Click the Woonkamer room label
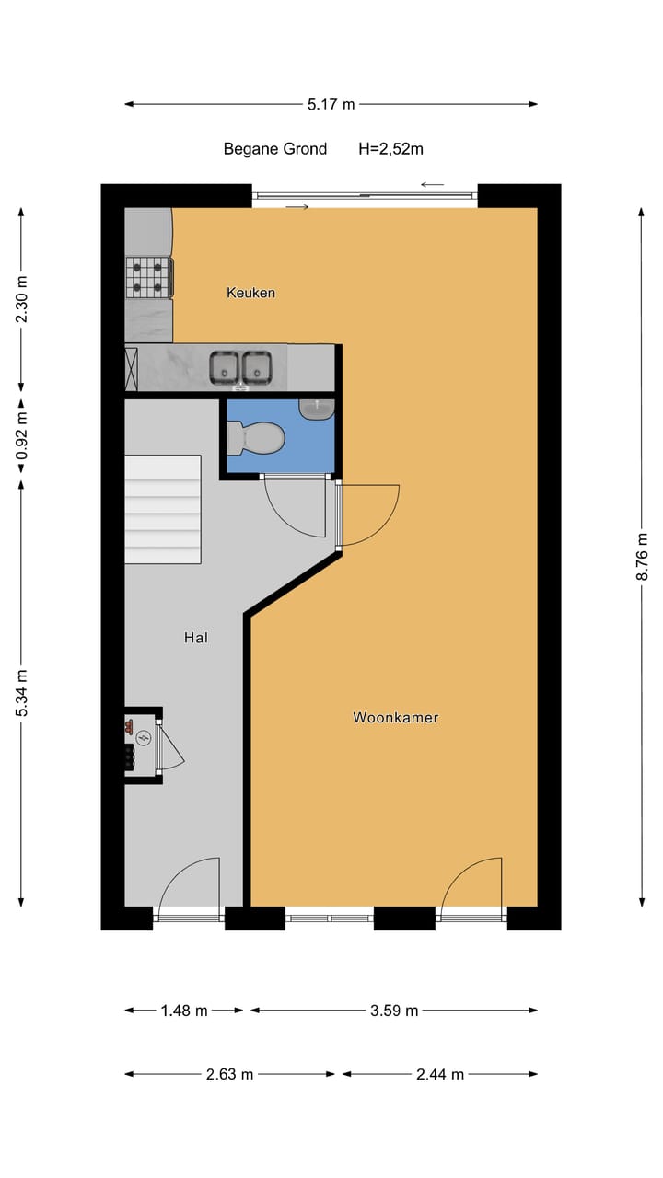395,717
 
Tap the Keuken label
250,293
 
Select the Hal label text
195,637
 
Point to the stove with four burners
149,277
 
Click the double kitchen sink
240,367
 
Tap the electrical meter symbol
143,738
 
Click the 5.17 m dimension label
331,104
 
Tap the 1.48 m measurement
183,1011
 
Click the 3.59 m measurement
394,1011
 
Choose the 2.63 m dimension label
228,1074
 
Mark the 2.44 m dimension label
439,1074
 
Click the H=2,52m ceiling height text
390,148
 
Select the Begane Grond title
274,148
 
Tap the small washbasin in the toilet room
317,408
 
